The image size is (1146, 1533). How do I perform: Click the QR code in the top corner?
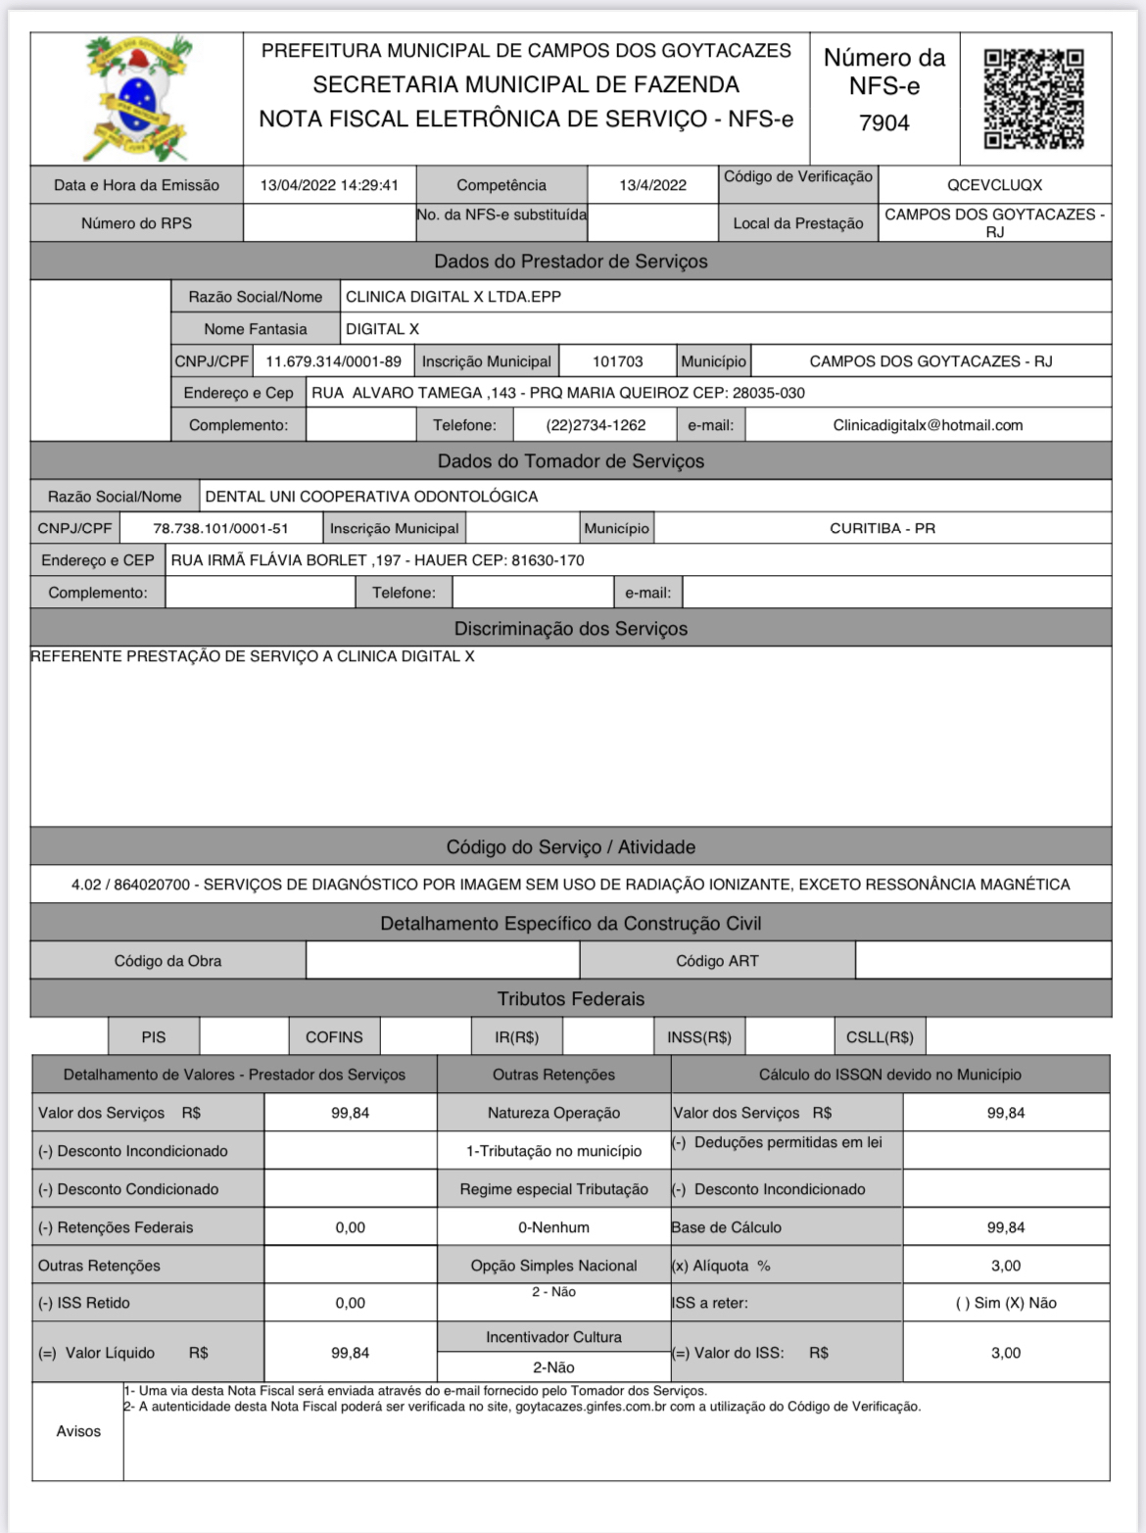coord(1033,99)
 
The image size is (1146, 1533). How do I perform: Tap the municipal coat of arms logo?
coord(137,98)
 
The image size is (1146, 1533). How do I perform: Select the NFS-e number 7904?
coord(883,123)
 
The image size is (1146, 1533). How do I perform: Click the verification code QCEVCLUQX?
coord(994,185)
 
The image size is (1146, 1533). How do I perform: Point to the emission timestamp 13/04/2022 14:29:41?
coord(329,185)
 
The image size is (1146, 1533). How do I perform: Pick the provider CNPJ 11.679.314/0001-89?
coord(333,361)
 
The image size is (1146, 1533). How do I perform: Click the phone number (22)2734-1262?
coord(596,425)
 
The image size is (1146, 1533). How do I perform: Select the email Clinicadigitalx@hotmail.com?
coord(928,425)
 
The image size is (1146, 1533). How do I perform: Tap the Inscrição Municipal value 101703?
coord(617,361)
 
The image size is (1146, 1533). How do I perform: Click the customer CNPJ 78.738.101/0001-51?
coord(220,528)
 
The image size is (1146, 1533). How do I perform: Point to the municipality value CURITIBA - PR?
coord(882,528)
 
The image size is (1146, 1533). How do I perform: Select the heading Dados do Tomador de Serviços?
coord(570,461)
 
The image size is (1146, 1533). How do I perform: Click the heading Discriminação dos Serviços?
coord(570,629)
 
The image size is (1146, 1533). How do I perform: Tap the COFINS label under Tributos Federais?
coord(334,1036)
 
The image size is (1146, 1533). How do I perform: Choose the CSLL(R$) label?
coord(880,1036)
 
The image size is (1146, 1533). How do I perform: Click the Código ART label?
coord(717,961)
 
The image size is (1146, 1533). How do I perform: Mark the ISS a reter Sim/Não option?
coord(1005,1303)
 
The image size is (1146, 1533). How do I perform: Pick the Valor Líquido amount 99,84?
coord(350,1353)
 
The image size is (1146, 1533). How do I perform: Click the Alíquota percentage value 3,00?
coord(1005,1266)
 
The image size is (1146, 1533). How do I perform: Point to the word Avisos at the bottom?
coord(78,1431)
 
